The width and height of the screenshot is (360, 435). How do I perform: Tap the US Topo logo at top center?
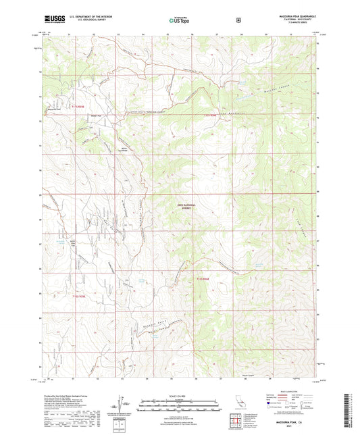pyautogui.click(x=179, y=20)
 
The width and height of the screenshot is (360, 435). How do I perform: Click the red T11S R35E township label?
pyautogui.click(x=80, y=106)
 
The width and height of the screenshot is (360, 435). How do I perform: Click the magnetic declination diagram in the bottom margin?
pyautogui.click(x=122, y=406)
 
